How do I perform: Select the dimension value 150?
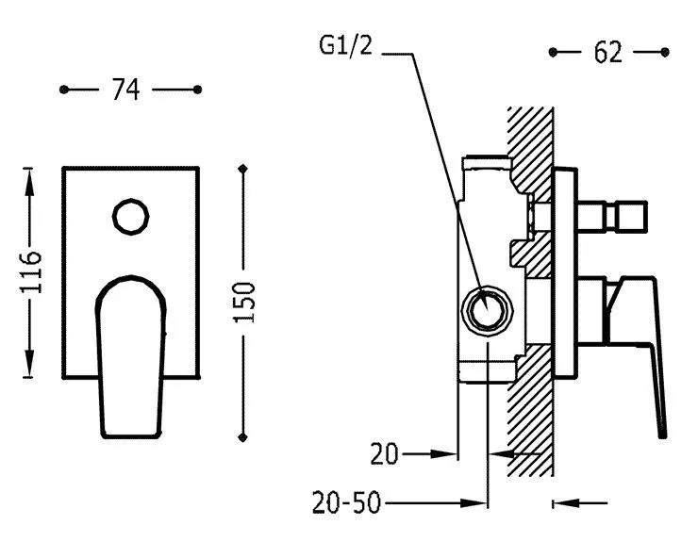coord(244,303)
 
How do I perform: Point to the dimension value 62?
coord(609,53)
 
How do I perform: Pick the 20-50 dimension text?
coord(346,503)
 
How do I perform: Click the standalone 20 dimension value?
coord(382,455)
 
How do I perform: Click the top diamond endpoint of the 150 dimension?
coord(244,169)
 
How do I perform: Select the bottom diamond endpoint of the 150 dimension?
coord(244,436)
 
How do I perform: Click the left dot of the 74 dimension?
coord(63,90)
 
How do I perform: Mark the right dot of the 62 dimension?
coord(666,53)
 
